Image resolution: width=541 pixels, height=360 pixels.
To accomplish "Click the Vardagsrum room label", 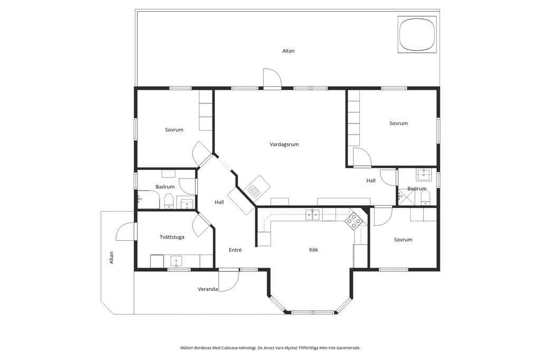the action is click(284, 144).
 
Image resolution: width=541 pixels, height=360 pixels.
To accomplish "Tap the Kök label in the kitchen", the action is click(313, 249).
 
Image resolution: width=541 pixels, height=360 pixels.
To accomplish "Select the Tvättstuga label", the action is click(172, 237).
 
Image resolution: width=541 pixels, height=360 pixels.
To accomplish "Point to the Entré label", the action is click(235, 250).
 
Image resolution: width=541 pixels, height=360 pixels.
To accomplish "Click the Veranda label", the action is click(208, 289).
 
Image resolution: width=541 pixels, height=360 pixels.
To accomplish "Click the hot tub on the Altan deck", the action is click(417, 34).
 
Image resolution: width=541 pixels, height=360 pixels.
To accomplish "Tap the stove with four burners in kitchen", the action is click(353, 221).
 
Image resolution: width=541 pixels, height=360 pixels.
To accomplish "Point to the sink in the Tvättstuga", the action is click(176, 261).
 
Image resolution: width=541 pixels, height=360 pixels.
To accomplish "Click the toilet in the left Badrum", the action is click(169, 201).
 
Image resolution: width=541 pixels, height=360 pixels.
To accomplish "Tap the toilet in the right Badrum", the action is click(425, 197).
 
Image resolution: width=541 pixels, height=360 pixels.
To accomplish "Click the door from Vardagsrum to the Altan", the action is click(272, 78).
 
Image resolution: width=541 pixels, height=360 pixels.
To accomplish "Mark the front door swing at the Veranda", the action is click(228, 281).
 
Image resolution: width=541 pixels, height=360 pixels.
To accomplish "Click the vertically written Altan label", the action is click(111, 258).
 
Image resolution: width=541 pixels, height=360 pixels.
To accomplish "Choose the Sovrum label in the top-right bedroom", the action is click(398, 123).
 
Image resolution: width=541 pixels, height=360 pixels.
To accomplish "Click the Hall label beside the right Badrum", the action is click(371, 181).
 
